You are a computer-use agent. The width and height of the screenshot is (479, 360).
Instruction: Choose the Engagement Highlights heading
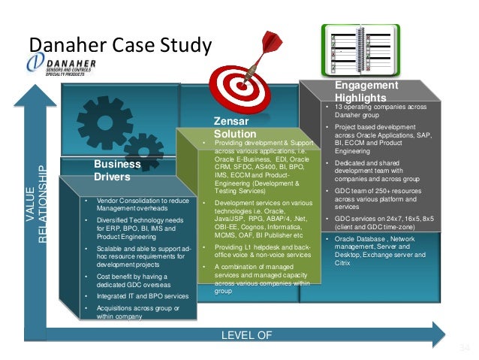pyautogui.click(x=361, y=92)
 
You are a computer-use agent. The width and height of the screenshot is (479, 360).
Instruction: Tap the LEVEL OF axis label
pyautogui.click(x=246, y=334)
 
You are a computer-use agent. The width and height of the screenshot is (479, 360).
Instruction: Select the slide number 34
pyautogui.click(x=462, y=348)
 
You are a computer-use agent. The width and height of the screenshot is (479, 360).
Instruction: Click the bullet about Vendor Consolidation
pyautogui.click(x=137, y=204)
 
